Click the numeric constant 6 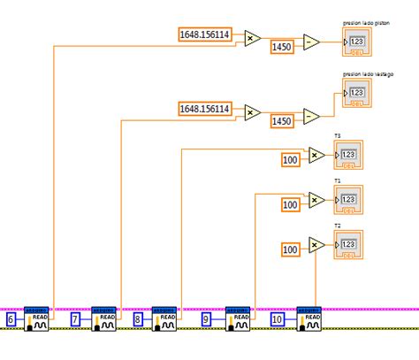(11, 318)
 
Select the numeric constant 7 (76, 318)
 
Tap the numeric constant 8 (138, 318)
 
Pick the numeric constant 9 (206, 318)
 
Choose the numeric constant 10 (277, 318)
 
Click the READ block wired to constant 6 (39, 318)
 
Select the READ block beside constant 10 (307, 318)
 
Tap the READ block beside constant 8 (165, 318)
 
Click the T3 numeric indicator (347, 155)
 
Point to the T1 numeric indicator (347, 200)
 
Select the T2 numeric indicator (347, 244)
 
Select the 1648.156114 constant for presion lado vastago (205, 109)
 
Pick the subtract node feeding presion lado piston (311, 41)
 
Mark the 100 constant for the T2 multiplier (291, 249)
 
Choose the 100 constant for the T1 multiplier (291, 205)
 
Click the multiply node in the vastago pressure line (250, 112)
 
